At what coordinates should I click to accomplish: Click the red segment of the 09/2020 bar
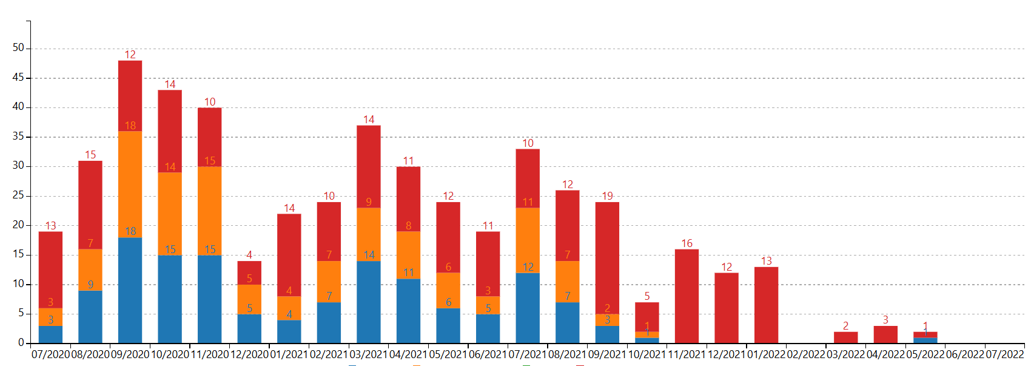[x=130, y=96]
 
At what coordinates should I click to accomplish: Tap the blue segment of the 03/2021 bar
[x=369, y=302]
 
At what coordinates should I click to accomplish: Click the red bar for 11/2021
[x=687, y=296]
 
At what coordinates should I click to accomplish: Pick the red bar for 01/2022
[x=766, y=305]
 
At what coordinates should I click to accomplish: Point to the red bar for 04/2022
[x=885, y=334]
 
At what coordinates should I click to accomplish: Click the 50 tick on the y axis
[x=18, y=48]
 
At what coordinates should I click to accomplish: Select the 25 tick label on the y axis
[x=18, y=195]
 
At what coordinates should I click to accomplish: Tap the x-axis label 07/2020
[x=50, y=354]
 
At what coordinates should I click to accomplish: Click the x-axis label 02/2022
[x=805, y=354]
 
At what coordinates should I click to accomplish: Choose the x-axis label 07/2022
[x=1004, y=354]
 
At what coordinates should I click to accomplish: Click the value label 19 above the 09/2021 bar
[x=607, y=196]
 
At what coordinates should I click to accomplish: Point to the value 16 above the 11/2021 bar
[x=687, y=243]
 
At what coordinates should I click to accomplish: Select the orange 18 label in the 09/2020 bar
[x=130, y=126]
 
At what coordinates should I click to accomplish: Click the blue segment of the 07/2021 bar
[x=528, y=308]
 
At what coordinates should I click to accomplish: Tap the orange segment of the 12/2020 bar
[x=249, y=299]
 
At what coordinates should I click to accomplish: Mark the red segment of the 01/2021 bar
[x=289, y=255]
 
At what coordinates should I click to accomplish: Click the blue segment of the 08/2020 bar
[x=90, y=317]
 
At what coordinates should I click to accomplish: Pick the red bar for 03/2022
[x=845, y=337]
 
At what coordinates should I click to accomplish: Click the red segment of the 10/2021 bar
[x=647, y=317]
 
